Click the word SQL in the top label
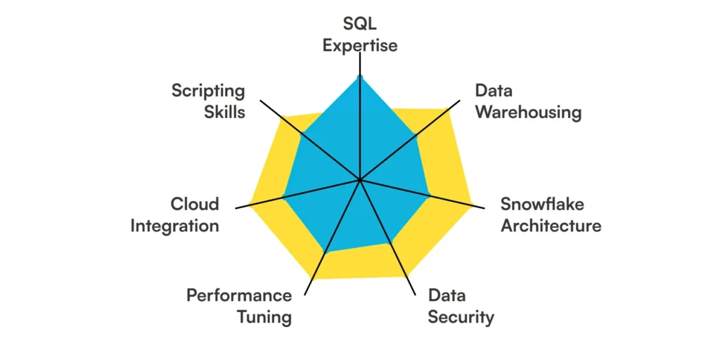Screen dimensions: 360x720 (x=359, y=23)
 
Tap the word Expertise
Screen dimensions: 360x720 (x=359, y=46)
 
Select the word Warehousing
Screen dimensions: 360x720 (x=528, y=112)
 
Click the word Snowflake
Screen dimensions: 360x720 (x=542, y=204)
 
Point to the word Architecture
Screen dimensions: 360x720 (x=551, y=226)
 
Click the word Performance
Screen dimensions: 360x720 (x=239, y=295)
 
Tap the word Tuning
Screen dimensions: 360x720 (x=264, y=316)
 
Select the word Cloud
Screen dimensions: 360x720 (x=195, y=204)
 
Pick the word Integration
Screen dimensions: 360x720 (x=174, y=226)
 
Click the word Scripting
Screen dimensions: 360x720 (x=208, y=91)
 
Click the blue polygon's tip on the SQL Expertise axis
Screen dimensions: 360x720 (x=359, y=75)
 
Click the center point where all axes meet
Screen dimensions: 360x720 (x=359, y=180)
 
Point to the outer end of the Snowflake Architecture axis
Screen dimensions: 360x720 (x=484, y=209)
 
